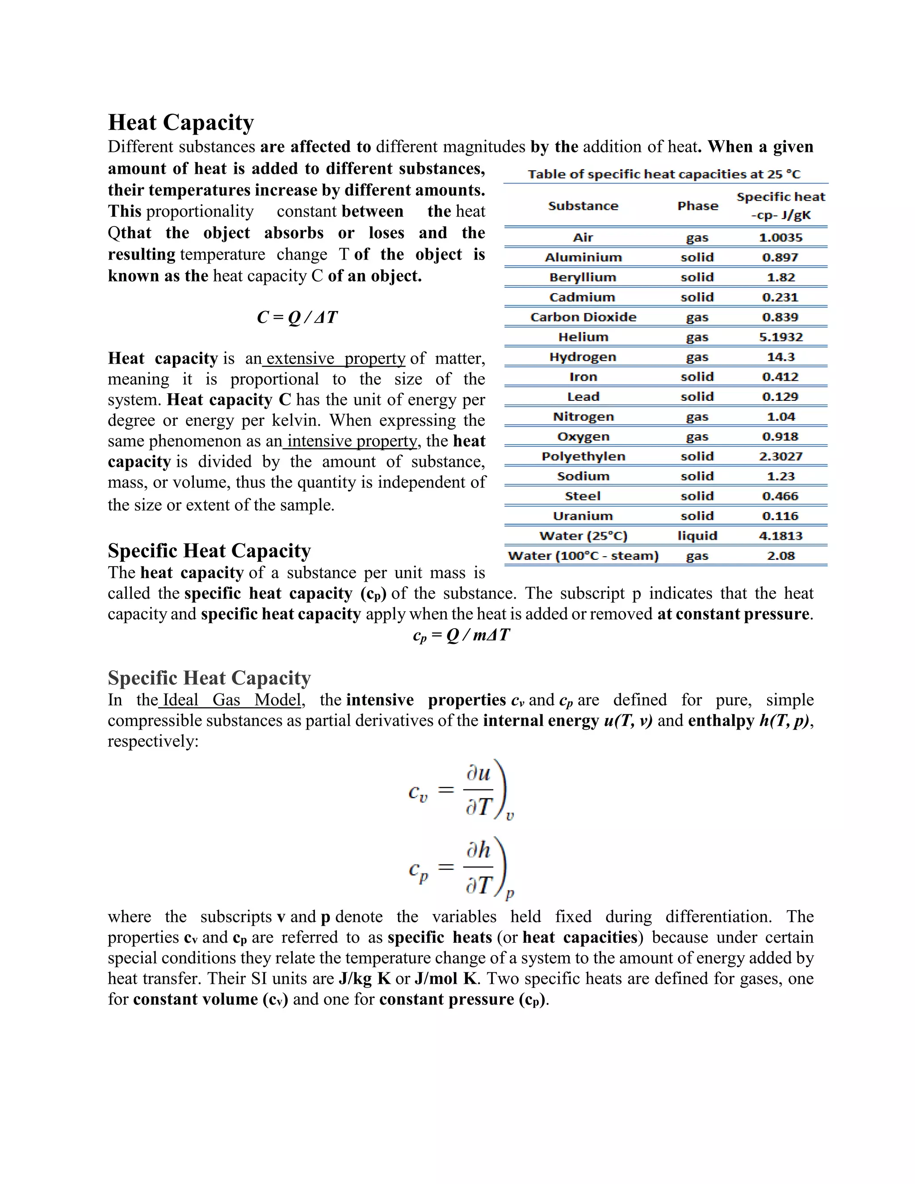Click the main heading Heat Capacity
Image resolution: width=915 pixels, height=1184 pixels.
coord(180,122)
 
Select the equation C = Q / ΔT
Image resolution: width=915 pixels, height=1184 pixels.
coord(297,317)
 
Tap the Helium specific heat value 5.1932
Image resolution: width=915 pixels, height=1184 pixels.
coord(781,337)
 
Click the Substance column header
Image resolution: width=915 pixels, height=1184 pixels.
coord(583,206)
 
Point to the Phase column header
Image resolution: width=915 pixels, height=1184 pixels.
coord(697,206)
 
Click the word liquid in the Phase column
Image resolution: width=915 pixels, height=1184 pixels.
coord(697,536)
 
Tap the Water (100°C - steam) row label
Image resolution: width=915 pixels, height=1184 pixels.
coord(583,556)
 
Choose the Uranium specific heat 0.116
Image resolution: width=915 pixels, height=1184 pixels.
coord(781,516)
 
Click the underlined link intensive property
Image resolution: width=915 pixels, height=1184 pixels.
coord(351,441)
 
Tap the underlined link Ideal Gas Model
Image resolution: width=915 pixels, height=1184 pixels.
coord(231,700)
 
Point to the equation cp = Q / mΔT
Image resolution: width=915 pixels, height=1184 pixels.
coord(461,635)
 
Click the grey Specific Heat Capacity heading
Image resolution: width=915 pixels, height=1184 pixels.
coord(209,678)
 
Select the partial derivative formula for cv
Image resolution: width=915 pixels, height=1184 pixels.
coord(461,791)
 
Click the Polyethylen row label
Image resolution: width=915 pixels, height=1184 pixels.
coord(583,457)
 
